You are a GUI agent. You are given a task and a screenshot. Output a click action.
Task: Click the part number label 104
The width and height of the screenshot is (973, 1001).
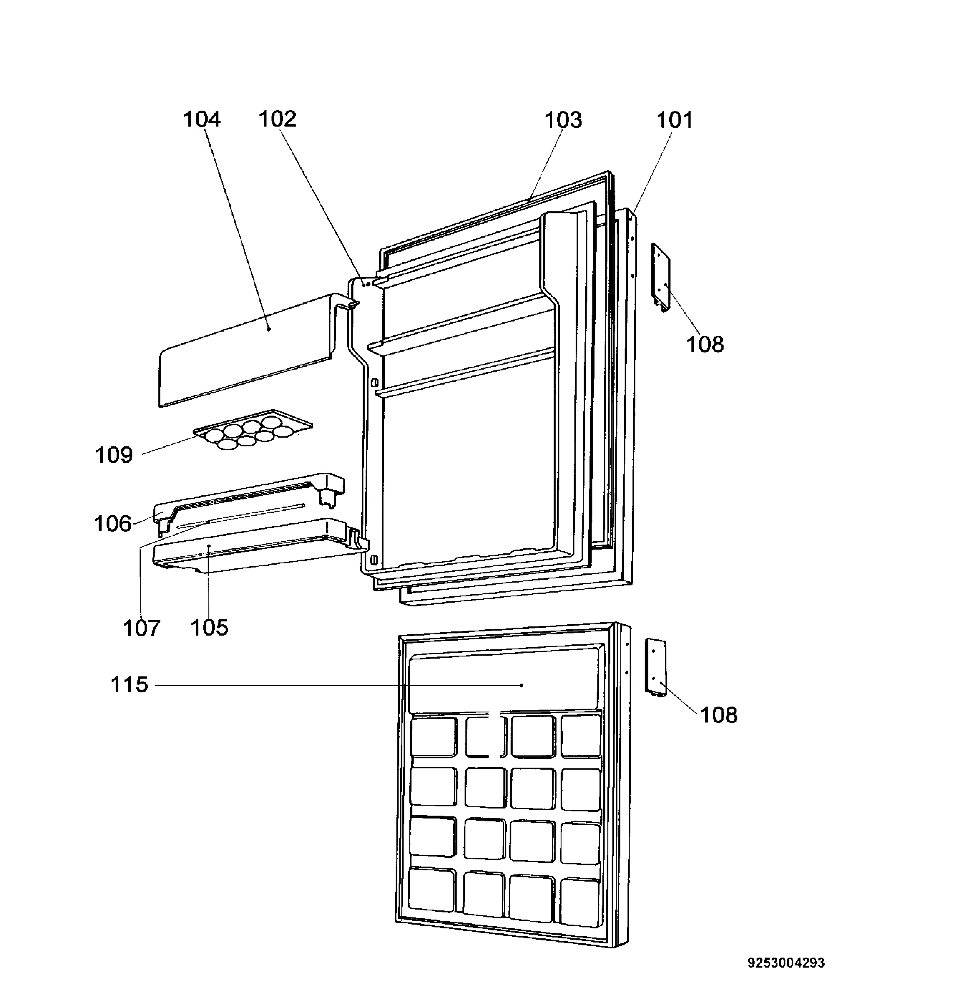pos(202,120)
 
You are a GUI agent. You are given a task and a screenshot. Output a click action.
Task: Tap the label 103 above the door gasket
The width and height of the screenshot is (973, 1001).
pos(563,120)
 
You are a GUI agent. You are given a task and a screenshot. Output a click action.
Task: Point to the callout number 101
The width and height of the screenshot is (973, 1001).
pos(674,120)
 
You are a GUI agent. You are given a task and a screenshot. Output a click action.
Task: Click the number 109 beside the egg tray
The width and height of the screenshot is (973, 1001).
pos(114,454)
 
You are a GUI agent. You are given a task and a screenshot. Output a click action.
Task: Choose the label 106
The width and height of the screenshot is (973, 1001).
pos(113,523)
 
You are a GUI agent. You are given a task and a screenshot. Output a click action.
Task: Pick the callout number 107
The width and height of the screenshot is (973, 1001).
pos(141,628)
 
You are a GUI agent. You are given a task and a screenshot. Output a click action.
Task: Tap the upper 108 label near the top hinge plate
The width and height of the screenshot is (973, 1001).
pos(705,345)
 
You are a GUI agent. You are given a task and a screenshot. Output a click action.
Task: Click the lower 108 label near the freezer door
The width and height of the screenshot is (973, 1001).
pos(719,715)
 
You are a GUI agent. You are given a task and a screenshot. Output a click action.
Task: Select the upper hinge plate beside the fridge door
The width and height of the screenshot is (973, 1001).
pos(660,277)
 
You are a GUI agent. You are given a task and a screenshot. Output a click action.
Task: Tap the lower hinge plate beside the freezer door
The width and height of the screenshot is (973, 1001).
pos(655,667)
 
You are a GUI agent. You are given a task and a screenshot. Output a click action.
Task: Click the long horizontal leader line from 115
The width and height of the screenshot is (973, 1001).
pos(338,685)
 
